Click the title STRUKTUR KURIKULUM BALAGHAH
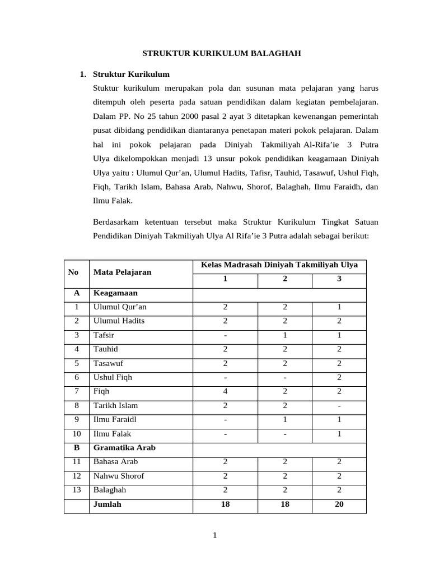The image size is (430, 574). coord(221,53)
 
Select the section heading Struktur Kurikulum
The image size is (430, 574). coord(131,74)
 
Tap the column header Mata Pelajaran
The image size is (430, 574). coord(122,272)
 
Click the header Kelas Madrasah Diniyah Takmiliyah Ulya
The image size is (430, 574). coord(279,265)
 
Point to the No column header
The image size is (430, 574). coord(73,272)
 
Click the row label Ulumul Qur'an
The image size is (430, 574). coord(120,307)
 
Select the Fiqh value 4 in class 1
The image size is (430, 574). coord(225,391)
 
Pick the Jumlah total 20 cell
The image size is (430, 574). coord(339,504)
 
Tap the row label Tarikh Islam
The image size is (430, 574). coord(115,405)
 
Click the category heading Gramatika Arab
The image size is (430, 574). coord(124,448)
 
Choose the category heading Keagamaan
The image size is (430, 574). coord(115,293)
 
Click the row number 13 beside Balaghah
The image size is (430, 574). coord(77,490)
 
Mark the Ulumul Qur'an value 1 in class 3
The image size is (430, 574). coord(339,307)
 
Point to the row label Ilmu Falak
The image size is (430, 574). coord(112,433)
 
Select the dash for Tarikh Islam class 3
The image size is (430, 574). coord(339,405)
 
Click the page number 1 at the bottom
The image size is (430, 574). coord(214,535)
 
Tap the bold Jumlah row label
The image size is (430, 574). coord(107,504)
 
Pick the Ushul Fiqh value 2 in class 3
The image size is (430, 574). coord(339,377)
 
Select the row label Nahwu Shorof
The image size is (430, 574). coord(119,476)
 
